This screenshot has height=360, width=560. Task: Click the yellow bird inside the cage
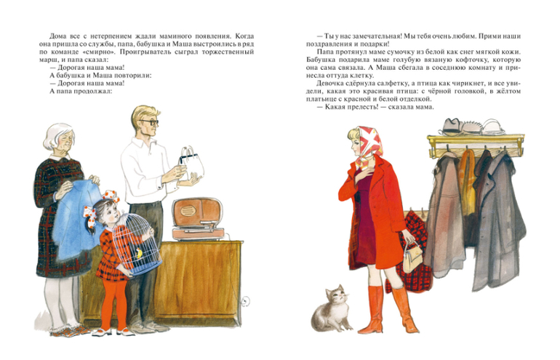pyautogui.click(x=138, y=254)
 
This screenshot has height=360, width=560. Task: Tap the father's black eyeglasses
pyautogui.click(x=151, y=122)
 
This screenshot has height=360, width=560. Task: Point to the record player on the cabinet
pyautogui.click(x=199, y=219)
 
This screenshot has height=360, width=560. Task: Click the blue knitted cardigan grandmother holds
pyautogui.click(x=78, y=218)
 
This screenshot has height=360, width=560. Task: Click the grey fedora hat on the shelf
pyautogui.click(x=453, y=126)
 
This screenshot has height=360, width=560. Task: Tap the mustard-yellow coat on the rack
pyautogui.click(x=467, y=182)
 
